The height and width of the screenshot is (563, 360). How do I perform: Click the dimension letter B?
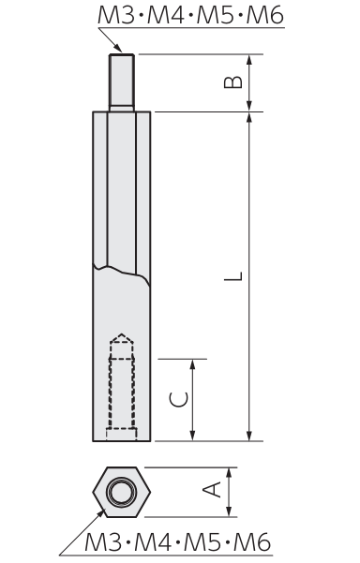click(x=233, y=82)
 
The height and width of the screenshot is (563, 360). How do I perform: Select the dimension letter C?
click(x=178, y=400)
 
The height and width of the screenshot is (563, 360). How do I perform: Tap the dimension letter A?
click(x=212, y=490)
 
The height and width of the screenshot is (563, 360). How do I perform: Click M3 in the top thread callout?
click(x=115, y=15)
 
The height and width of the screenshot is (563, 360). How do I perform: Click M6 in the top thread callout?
click(x=265, y=15)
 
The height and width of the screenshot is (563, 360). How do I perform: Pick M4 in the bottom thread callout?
click(x=152, y=541)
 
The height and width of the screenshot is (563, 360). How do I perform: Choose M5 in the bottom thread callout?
click(x=202, y=541)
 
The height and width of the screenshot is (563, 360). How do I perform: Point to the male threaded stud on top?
click(x=122, y=82)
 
